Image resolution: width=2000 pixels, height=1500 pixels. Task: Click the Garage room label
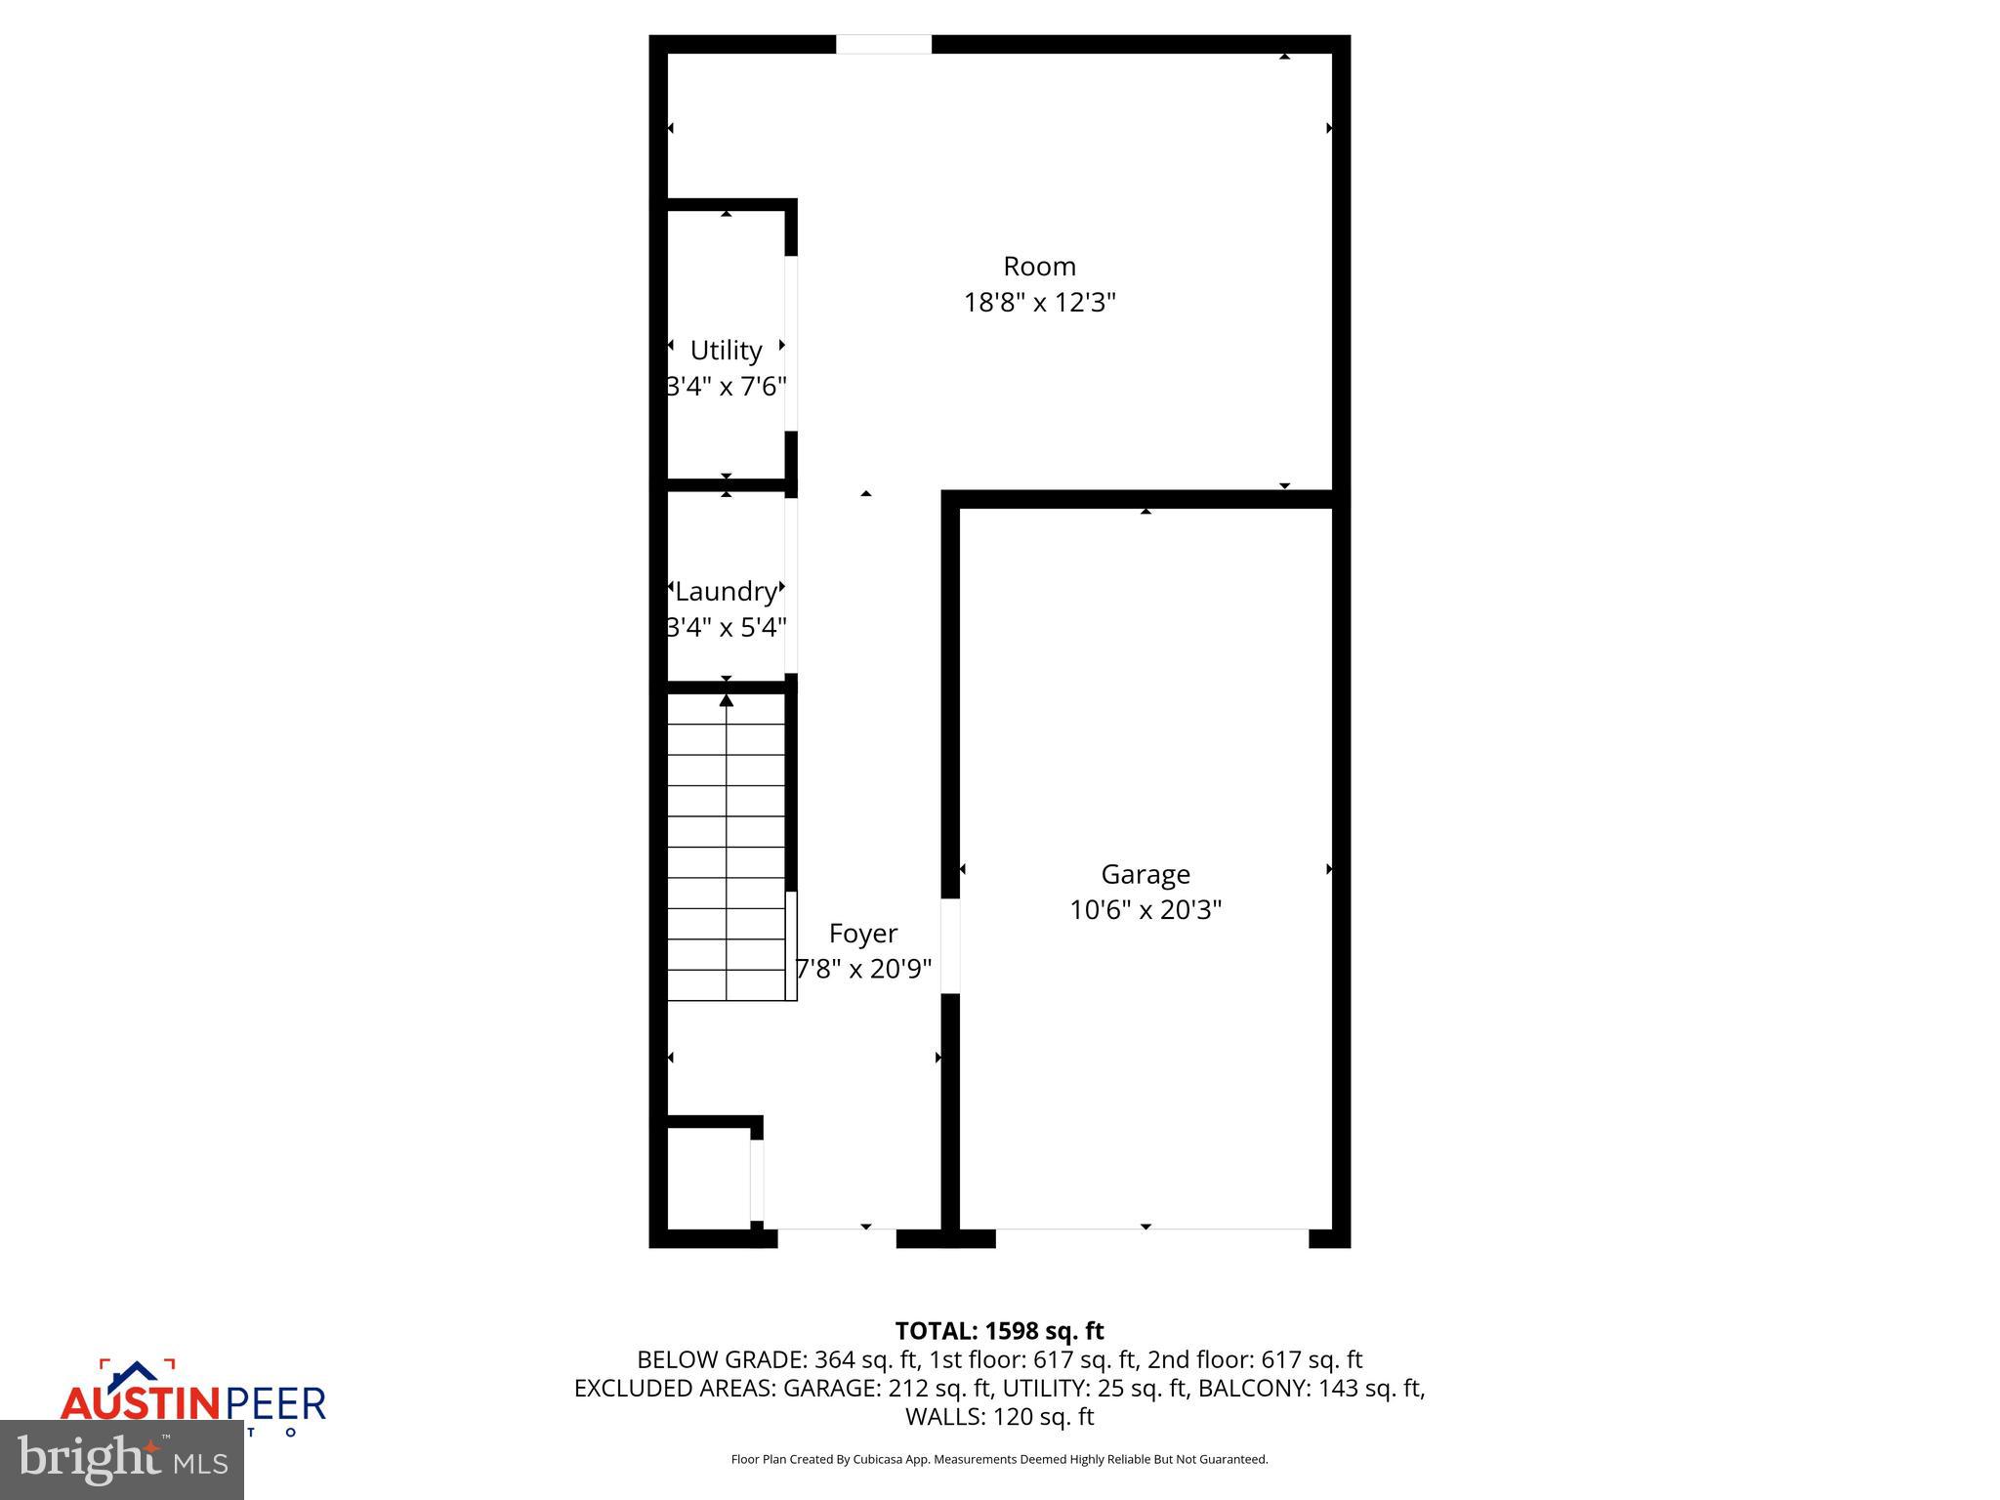(x=1145, y=874)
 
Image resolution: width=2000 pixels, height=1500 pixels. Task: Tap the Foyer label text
(x=863, y=934)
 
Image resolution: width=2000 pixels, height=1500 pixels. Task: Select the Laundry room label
(x=726, y=592)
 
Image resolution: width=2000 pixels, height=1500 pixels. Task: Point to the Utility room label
(x=726, y=351)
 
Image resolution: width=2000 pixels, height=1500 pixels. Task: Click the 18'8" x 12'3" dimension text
(x=1039, y=303)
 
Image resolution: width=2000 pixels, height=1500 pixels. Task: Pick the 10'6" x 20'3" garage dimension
(x=1145, y=910)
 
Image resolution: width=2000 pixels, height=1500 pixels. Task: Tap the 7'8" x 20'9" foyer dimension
(x=863, y=970)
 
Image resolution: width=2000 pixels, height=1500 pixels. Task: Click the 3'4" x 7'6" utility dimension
(x=726, y=387)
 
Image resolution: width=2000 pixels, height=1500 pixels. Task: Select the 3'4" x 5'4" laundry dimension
(x=726, y=627)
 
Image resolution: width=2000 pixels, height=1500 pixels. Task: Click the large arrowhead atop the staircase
(x=726, y=700)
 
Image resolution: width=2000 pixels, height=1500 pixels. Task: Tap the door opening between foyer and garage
(x=949, y=946)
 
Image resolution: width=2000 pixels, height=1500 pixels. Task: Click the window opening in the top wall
(x=884, y=44)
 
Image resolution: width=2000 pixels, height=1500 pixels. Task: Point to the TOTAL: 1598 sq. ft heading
(x=999, y=1331)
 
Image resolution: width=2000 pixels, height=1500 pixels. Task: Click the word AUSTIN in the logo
(x=143, y=1404)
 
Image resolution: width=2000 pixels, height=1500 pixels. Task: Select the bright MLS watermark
(x=122, y=1460)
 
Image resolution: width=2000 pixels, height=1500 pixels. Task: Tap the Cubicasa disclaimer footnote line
(x=999, y=1459)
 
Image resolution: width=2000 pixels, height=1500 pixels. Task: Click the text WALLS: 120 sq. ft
(x=999, y=1416)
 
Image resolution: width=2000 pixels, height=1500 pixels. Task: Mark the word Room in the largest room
(x=1039, y=267)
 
